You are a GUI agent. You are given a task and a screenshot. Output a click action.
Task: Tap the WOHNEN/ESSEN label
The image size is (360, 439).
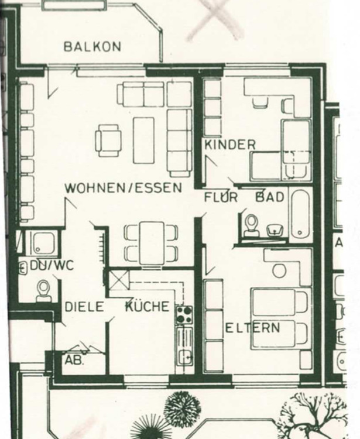click(123, 188)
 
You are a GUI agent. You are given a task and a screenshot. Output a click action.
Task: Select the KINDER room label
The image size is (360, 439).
click(230, 144)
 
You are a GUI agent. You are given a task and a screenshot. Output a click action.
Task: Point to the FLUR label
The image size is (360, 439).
click(221, 198)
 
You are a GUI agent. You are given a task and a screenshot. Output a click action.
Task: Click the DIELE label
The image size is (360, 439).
click(84, 307)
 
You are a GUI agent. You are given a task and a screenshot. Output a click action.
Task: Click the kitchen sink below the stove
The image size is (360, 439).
click(186, 356)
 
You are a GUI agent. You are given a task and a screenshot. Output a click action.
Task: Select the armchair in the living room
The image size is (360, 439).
click(109, 140)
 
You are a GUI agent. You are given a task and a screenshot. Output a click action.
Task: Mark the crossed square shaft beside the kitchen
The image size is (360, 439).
click(119, 279)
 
